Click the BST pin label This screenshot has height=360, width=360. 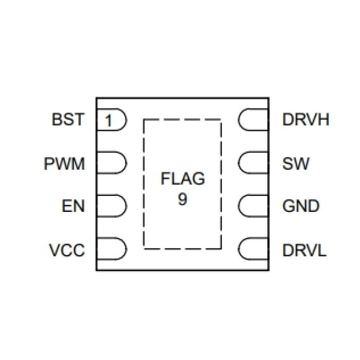click(67, 120)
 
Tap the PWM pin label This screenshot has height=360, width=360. click(64, 164)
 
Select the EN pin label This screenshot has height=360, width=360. click(74, 207)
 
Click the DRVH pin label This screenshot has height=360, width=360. click(305, 120)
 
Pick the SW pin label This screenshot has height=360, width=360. click(296, 164)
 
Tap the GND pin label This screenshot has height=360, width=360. click(301, 207)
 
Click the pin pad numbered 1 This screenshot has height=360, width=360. click(112, 121)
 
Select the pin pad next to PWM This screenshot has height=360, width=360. click(112, 164)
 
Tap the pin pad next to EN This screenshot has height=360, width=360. click(112, 207)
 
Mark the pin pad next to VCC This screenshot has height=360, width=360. click(112, 250)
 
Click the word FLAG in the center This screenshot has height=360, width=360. click(183, 179)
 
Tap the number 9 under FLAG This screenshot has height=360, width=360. click(183, 199)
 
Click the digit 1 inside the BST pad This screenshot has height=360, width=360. click(109, 121)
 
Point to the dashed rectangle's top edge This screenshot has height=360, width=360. click(182, 120)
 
